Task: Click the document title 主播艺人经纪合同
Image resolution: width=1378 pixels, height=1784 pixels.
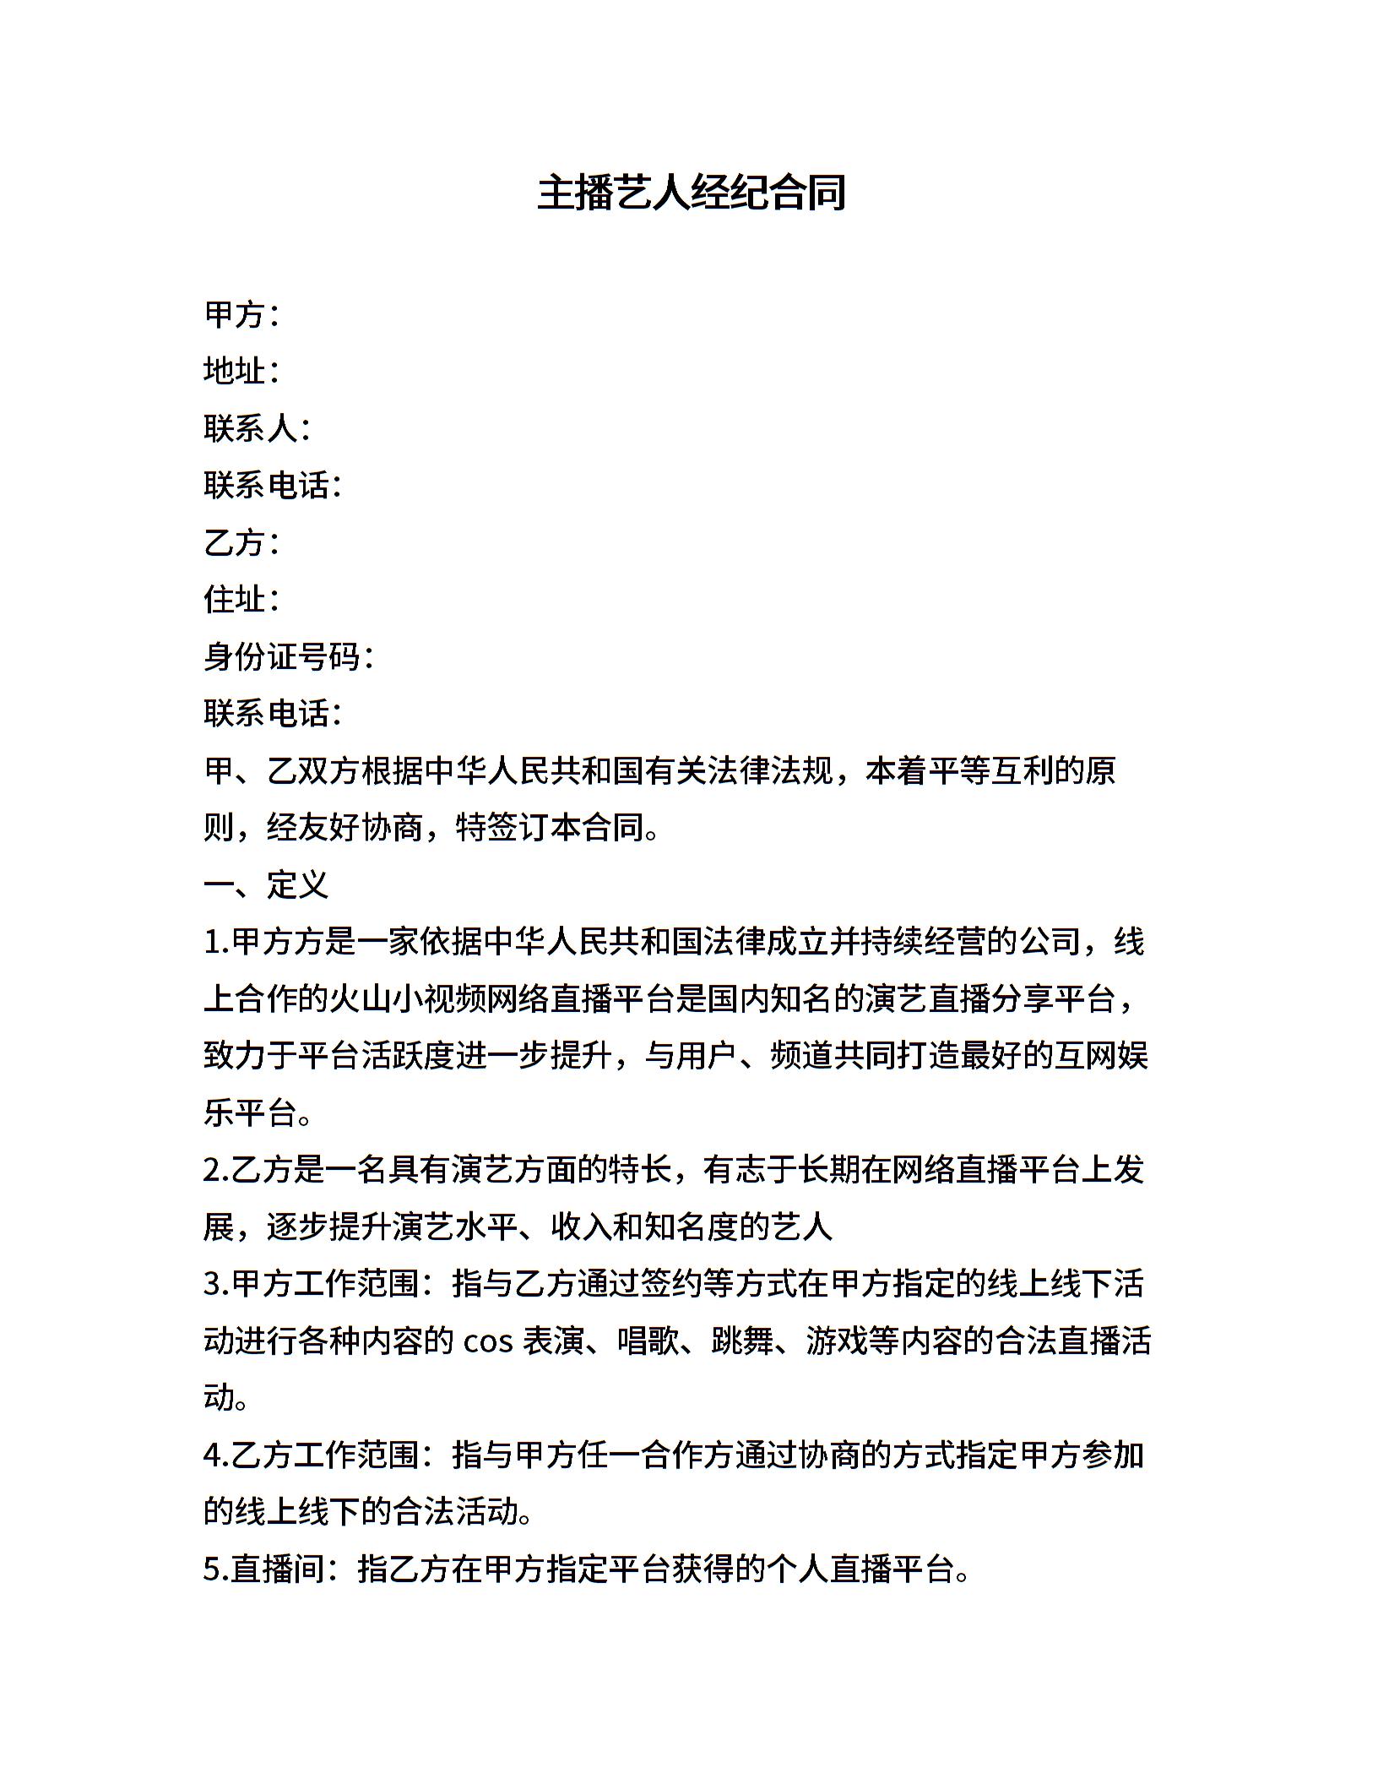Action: (691, 193)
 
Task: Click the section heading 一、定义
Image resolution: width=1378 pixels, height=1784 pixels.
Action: (265, 884)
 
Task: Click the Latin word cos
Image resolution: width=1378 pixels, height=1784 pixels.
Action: (489, 1341)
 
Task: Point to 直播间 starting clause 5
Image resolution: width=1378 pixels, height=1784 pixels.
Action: (279, 1569)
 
